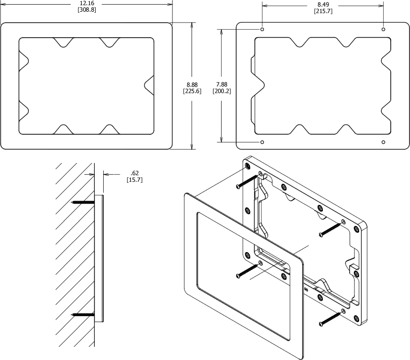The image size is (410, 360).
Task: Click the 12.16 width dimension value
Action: tap(87, 3)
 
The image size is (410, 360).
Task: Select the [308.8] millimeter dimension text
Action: tap(87, 9)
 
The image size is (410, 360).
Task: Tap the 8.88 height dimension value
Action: tap(192, 84)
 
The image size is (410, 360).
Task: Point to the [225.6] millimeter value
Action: tap(192, 91)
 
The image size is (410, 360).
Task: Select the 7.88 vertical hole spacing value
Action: tap(221, 84)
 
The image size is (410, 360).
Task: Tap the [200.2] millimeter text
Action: tap(221, 91)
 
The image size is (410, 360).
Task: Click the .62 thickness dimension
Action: tap(134, 173)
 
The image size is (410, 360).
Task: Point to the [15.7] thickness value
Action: tap(134, 180)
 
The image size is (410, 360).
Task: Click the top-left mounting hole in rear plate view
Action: tap(262, 29)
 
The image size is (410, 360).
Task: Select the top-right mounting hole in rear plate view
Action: tap(384, 29)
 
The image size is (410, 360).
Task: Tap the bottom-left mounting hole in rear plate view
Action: tap(262, 141)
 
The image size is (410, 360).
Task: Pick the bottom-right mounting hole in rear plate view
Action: tap(384, 141)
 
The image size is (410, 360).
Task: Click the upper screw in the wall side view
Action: tap(83, 202)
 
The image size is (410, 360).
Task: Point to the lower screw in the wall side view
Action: tap(83, 314)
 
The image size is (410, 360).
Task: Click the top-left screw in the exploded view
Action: tap(246, 181)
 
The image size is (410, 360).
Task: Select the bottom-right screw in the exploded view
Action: tap(330, 319)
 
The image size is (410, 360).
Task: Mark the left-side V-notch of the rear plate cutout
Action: tap(258, 85)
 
